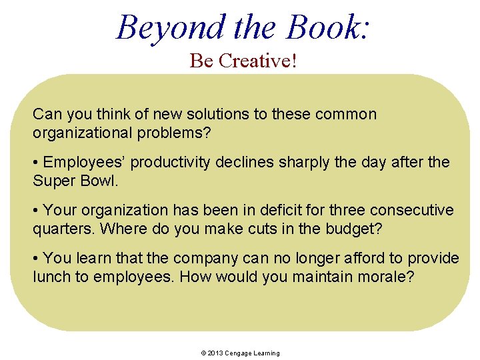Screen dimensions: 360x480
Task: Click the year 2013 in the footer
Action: (x=214, y=353)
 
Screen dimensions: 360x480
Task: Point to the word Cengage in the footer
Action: (x=238, y=353)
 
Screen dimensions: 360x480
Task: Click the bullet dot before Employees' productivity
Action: (x=36, y=163)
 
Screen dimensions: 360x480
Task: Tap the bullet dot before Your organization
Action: (x=36, y=211)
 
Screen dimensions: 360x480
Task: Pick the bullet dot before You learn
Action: (x=36, y=258)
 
